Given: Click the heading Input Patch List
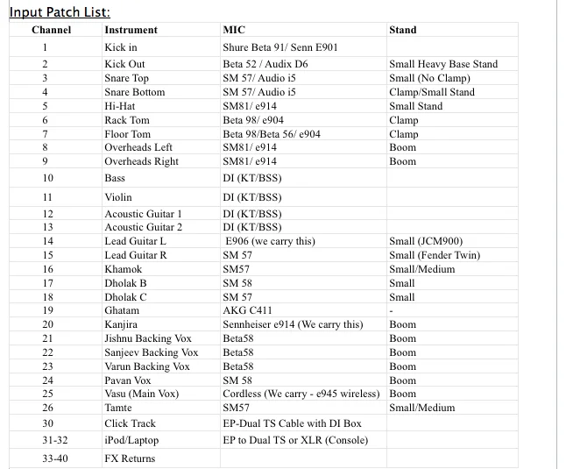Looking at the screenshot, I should tap(60, 11).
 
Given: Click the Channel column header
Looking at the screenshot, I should tap(51, 30).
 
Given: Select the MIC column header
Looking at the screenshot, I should tap(234, 30).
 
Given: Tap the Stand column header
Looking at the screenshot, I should tap(402, 30).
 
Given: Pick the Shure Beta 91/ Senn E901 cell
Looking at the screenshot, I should tap(280, 46).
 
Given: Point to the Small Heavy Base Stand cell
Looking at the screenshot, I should tap(442, 64).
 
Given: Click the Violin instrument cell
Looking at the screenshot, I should tap(118, 197).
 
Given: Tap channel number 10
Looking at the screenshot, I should tap(45, 178).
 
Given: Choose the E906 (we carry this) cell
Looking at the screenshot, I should tap(270, 241).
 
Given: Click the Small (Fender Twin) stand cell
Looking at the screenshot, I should tap(435, 255).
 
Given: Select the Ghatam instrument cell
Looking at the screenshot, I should tap(122, 310).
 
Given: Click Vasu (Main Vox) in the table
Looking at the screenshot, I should tap(141, 394).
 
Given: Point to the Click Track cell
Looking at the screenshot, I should tap(131, 423).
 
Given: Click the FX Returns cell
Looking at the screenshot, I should tap(130, 458).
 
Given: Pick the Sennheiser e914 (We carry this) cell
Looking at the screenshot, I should tap(293, 324).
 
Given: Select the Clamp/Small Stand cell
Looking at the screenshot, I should tap(431, 92).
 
